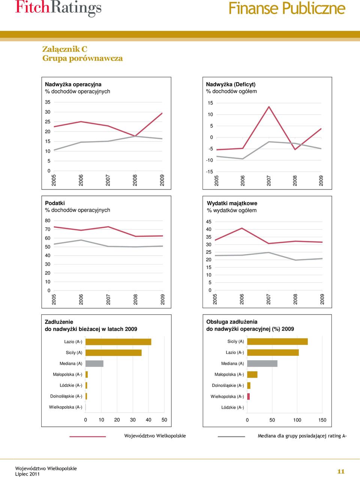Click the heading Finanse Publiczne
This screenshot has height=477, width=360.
(287, 8)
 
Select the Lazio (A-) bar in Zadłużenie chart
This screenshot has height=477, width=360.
(118, 342)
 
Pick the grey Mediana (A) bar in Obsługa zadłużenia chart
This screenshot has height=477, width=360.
(262, 364)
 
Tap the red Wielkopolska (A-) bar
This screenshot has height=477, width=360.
(248, 397)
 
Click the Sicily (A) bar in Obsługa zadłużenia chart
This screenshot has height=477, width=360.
(277, 342)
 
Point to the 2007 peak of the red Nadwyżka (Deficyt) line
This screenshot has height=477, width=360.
(269, 107)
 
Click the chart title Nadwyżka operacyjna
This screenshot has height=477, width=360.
(73, 84)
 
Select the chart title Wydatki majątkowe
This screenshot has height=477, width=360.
(232, 203)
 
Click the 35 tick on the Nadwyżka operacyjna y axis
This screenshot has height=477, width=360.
(48, 102)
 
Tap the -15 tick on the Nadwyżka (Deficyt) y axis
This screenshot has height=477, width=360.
(210, 172)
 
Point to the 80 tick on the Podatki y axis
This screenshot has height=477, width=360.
(48, 221)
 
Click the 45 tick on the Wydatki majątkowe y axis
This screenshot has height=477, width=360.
(208, 222)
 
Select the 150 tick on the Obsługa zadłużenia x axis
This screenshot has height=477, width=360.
(322, 420)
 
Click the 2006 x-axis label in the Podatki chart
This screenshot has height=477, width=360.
(81, 299)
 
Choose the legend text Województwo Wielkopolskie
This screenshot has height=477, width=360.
(155, 436)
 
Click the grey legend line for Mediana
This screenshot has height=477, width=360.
(231, 436)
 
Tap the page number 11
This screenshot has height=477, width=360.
(341, 471)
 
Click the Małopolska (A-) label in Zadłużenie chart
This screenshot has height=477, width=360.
(67, 375)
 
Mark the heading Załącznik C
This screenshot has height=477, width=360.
(65, 49)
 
